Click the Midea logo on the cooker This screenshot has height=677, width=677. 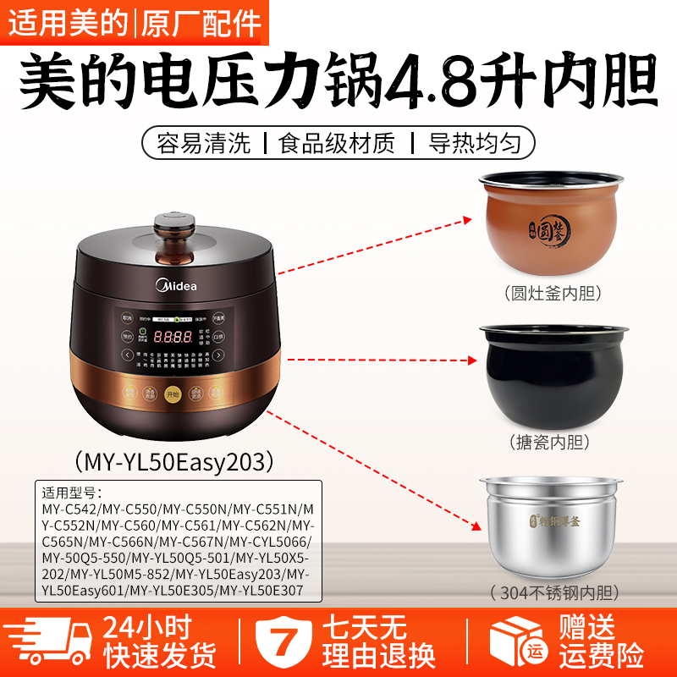click(176, 285)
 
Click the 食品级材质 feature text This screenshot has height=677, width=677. click(337, 141)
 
